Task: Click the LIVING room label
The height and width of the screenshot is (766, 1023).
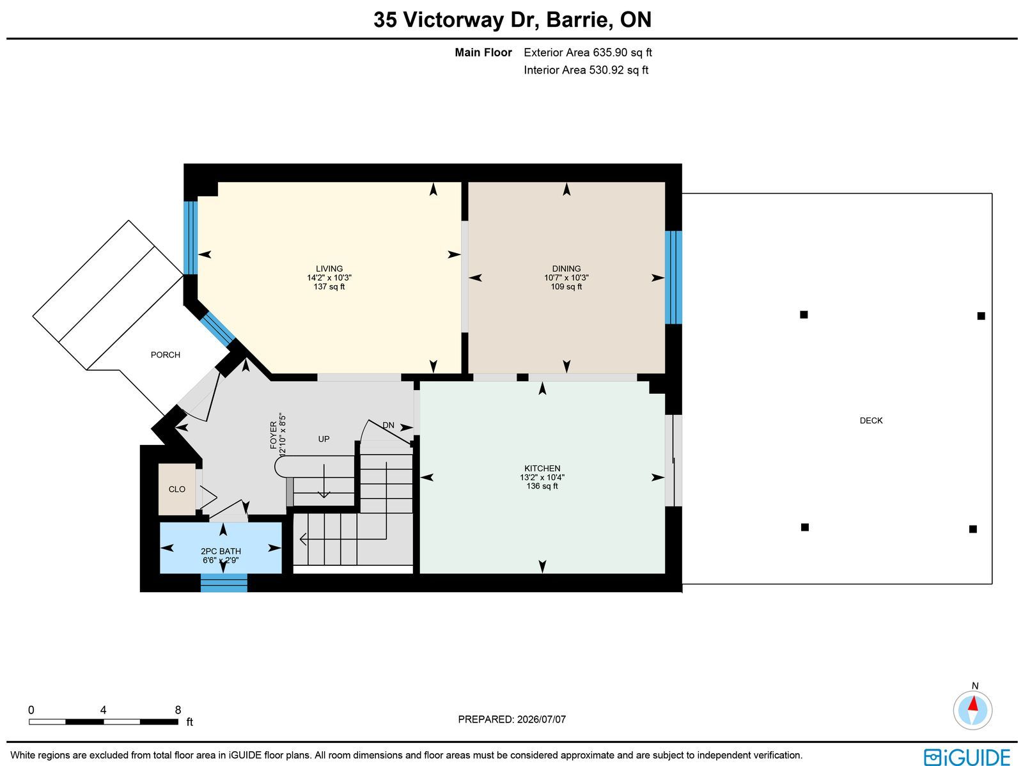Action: click(x=329, y=269)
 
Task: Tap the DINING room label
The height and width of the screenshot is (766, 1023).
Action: click(x=566, y=269)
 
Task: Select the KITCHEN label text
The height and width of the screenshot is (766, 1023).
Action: click(x=542, y=468)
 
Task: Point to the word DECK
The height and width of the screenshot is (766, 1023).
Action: click(x=871, y=420)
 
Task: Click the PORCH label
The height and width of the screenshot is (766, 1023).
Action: click(x=166, y=355)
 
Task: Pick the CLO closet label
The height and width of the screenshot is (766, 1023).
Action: click(x=176, y=489)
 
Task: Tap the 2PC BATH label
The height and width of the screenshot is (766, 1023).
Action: click(x=221, y=551)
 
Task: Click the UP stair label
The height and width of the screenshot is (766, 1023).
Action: click(x=324, y=439)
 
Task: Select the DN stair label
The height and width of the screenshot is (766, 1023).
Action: click(x=388, y=425)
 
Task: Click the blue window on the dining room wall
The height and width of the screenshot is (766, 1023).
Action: click(x=673, y=277)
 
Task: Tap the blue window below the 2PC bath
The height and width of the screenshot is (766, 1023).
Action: click(x=224, y=583)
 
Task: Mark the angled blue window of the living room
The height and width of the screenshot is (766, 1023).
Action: click(x=217, y=329)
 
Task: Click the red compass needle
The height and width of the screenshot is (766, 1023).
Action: click(x=973, y=703)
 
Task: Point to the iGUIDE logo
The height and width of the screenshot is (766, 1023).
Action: click(x=967, y=756)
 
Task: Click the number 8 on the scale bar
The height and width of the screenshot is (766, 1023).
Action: click(x=178, y=710)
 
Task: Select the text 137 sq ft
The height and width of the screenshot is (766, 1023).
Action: click(x=329, y=286)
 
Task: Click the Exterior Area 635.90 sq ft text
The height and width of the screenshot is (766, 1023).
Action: click(x=588, y=52)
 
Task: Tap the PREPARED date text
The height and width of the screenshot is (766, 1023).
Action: click(x=511, y=719)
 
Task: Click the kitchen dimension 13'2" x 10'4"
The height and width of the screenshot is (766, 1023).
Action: click(x=542, y=477)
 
